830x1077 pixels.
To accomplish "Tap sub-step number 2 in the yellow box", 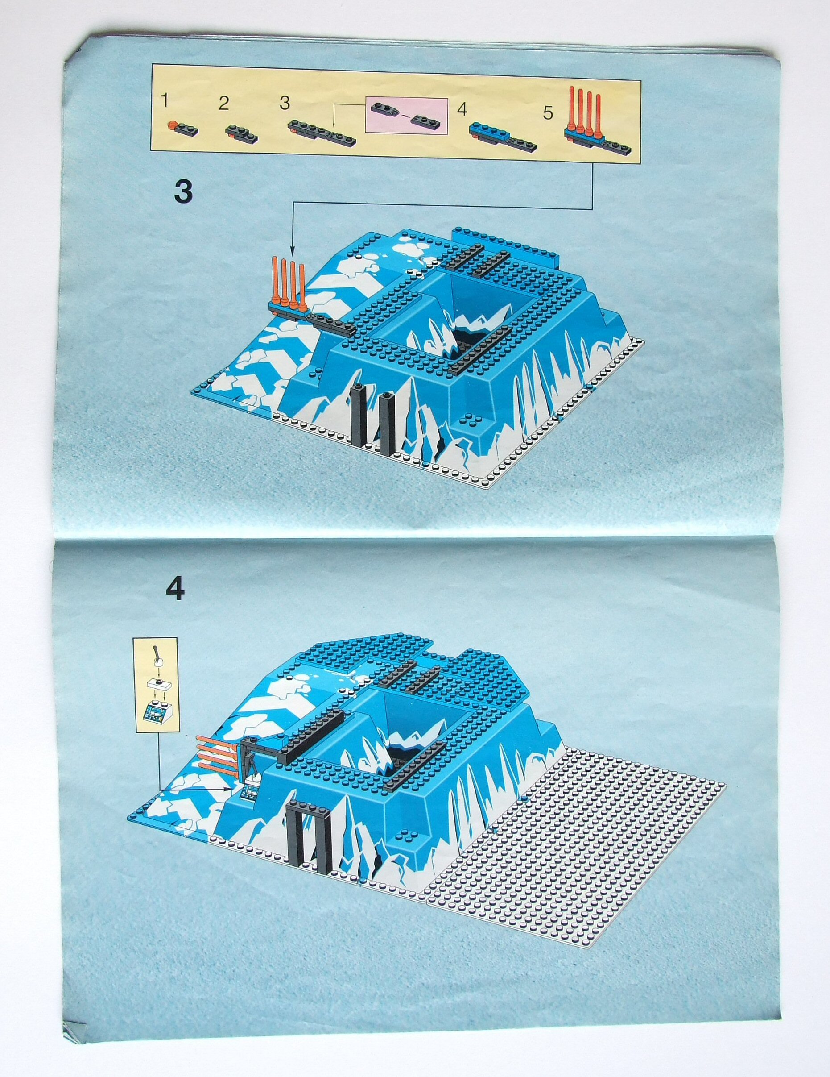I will pos(223,104).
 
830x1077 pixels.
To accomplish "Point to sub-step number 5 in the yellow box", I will pos(548,113).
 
